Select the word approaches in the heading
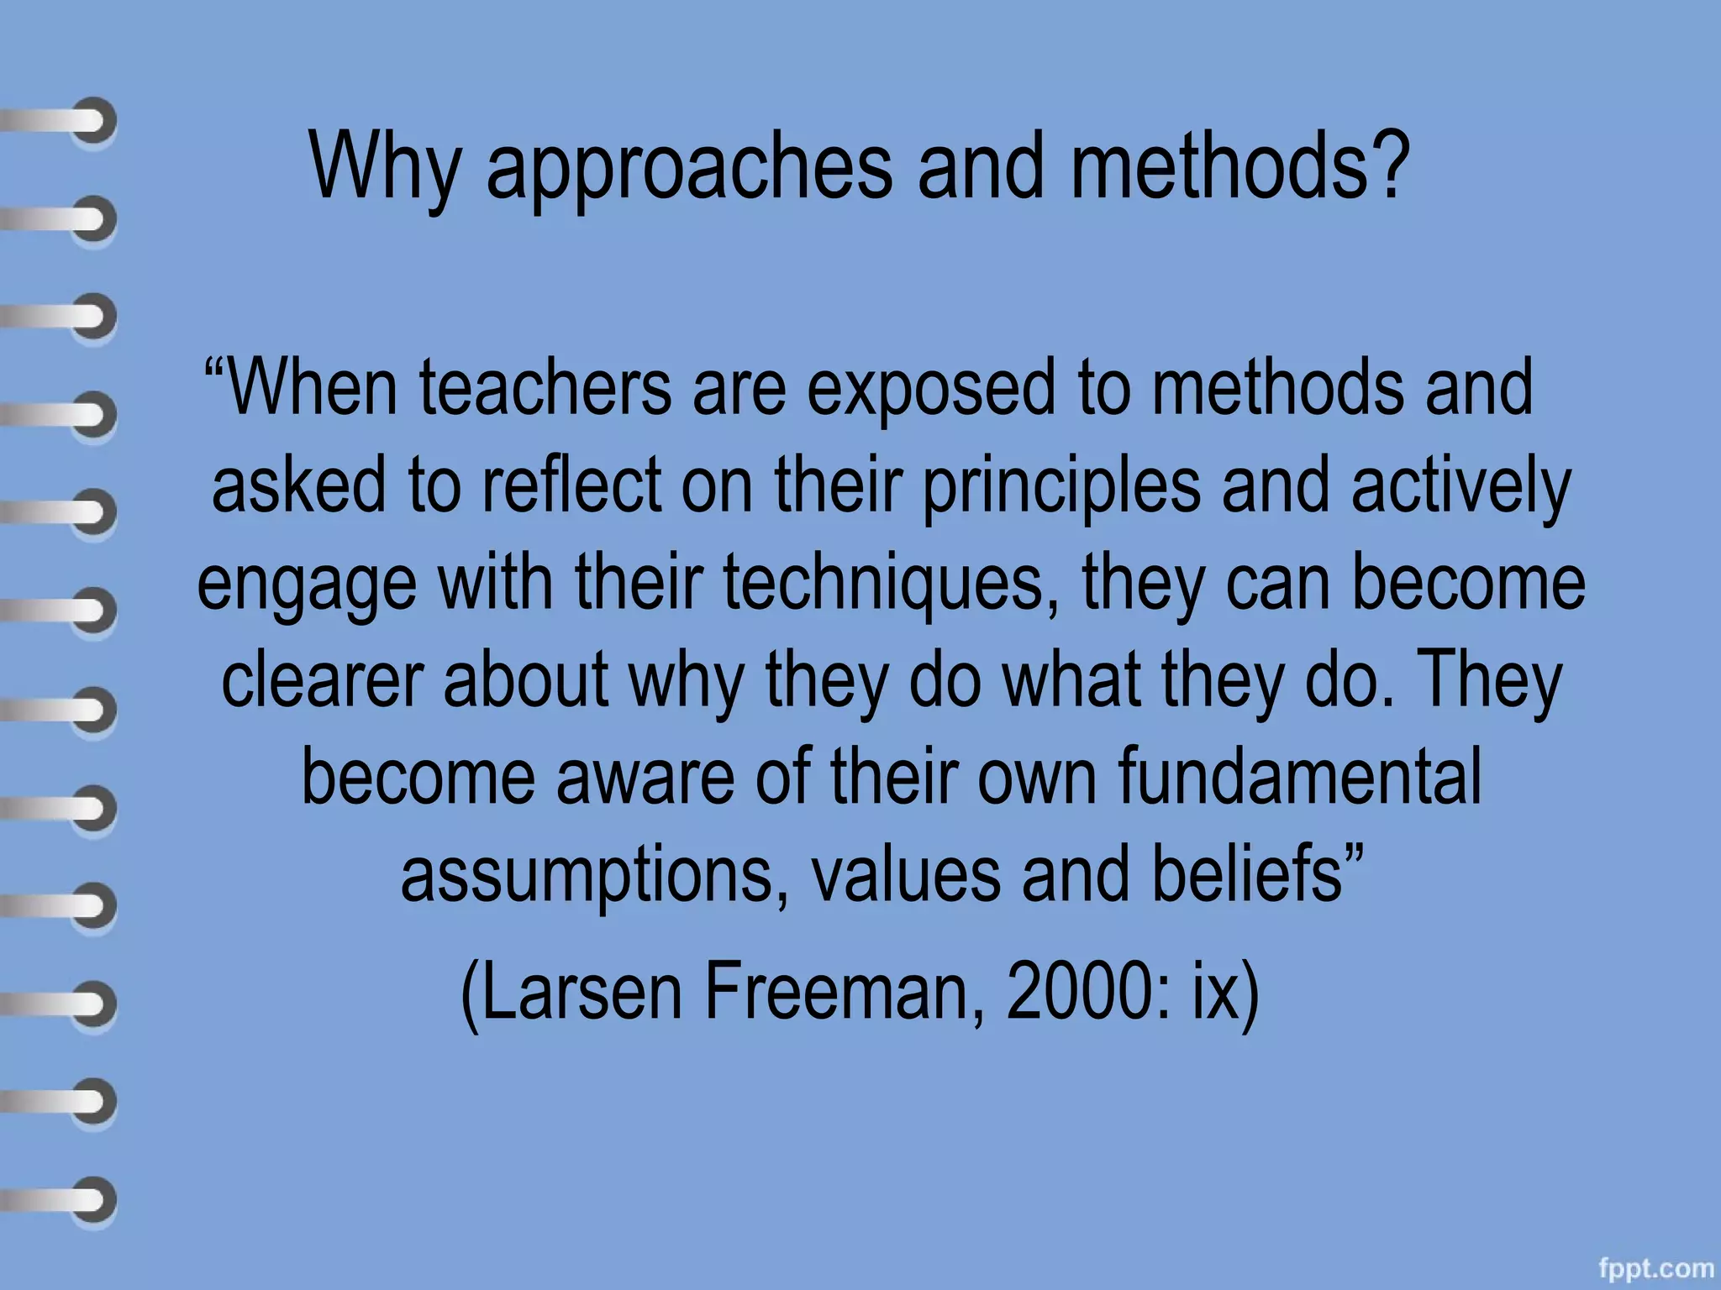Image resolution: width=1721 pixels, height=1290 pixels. coord(689,168)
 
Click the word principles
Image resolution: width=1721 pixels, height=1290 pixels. coord(1061,487)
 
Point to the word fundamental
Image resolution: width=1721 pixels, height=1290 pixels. coord(1300,776)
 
